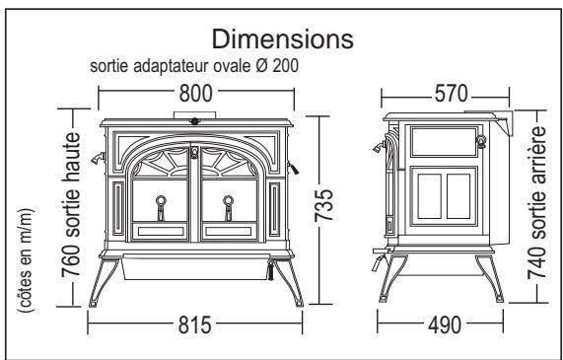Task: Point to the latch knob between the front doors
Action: pos(194,152)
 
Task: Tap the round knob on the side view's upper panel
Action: pos(482,140)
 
